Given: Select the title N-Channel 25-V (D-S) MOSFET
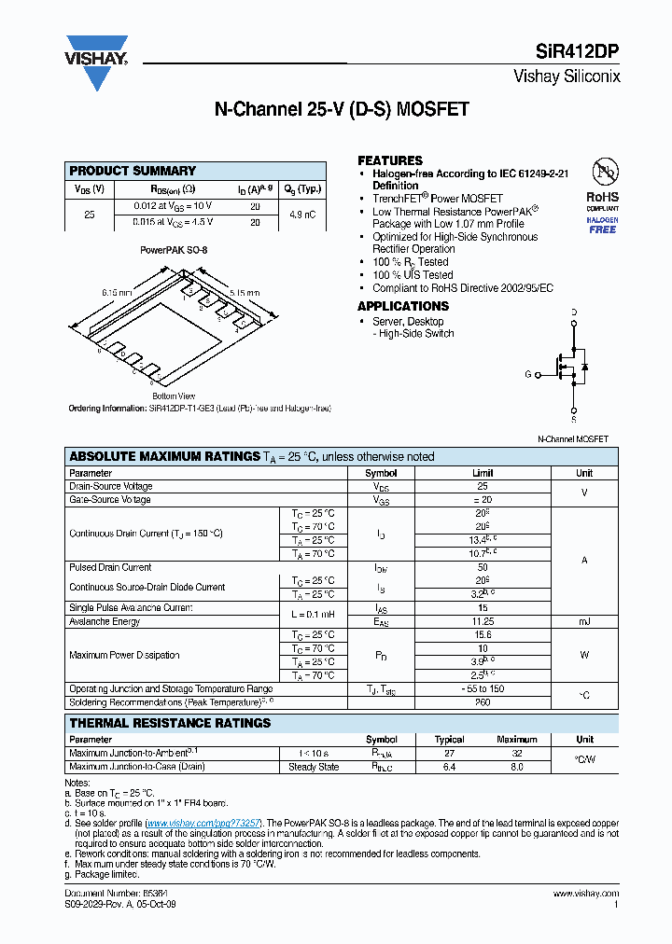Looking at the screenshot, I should (x=342, y=110).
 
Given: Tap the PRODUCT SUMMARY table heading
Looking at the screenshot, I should (x=133, y=171).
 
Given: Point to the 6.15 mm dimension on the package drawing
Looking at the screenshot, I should (x=117, y=292).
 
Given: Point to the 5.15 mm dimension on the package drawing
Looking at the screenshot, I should (x=245, y=291).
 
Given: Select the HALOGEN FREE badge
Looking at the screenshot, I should (x=602, y=223).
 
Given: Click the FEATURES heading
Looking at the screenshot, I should (x=390, y=160).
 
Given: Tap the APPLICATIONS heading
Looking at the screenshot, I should (x=403, y=306).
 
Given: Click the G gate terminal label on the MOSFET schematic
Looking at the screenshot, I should (x=527, y=374).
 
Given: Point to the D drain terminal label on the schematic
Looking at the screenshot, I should (x=573, y=312).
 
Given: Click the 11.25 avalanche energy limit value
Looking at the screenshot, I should (x=483, y=621).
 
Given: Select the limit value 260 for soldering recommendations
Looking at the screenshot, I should (x=483, y=702).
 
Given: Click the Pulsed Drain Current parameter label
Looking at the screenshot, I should (x=110, y=567).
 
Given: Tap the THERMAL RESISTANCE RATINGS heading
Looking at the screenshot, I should (x=170, y=723).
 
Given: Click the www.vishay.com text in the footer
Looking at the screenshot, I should (x=586, y=895).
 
